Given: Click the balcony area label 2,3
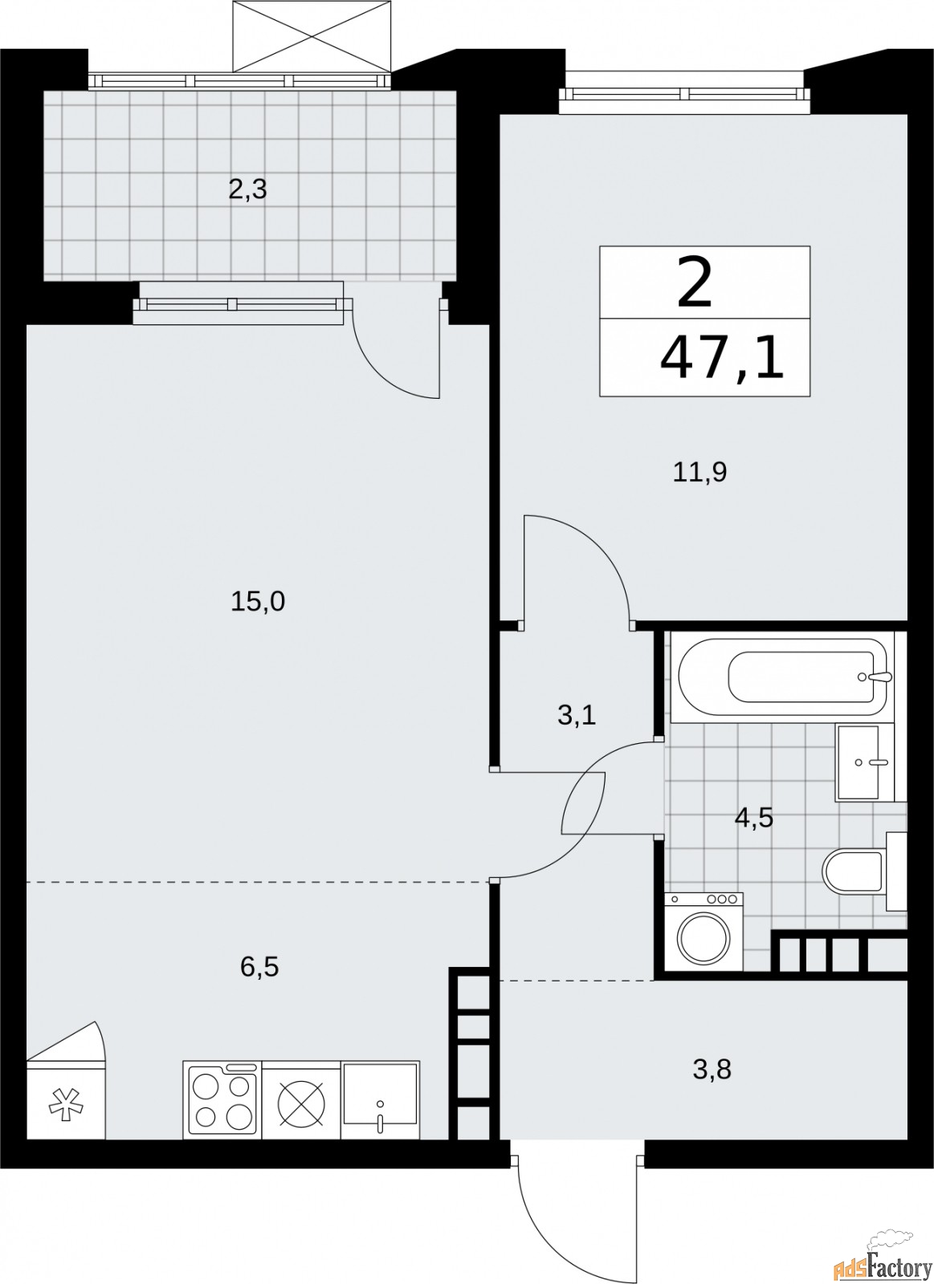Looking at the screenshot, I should click(247, 190).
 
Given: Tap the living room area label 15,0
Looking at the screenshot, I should click(258, 601).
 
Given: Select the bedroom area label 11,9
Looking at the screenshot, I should click(699, 472).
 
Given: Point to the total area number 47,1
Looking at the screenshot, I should click(720, 360).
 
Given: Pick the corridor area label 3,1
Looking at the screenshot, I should click(576, 714).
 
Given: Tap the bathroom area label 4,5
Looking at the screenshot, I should click(754, 818).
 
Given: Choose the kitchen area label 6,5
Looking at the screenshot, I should click(259, 966).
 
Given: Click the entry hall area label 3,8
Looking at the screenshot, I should click(712, 1069).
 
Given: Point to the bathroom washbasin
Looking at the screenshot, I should click(864, 762).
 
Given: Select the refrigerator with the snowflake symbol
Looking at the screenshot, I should click(66, 1099).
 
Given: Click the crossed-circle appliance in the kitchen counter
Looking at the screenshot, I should click(301, 1099).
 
